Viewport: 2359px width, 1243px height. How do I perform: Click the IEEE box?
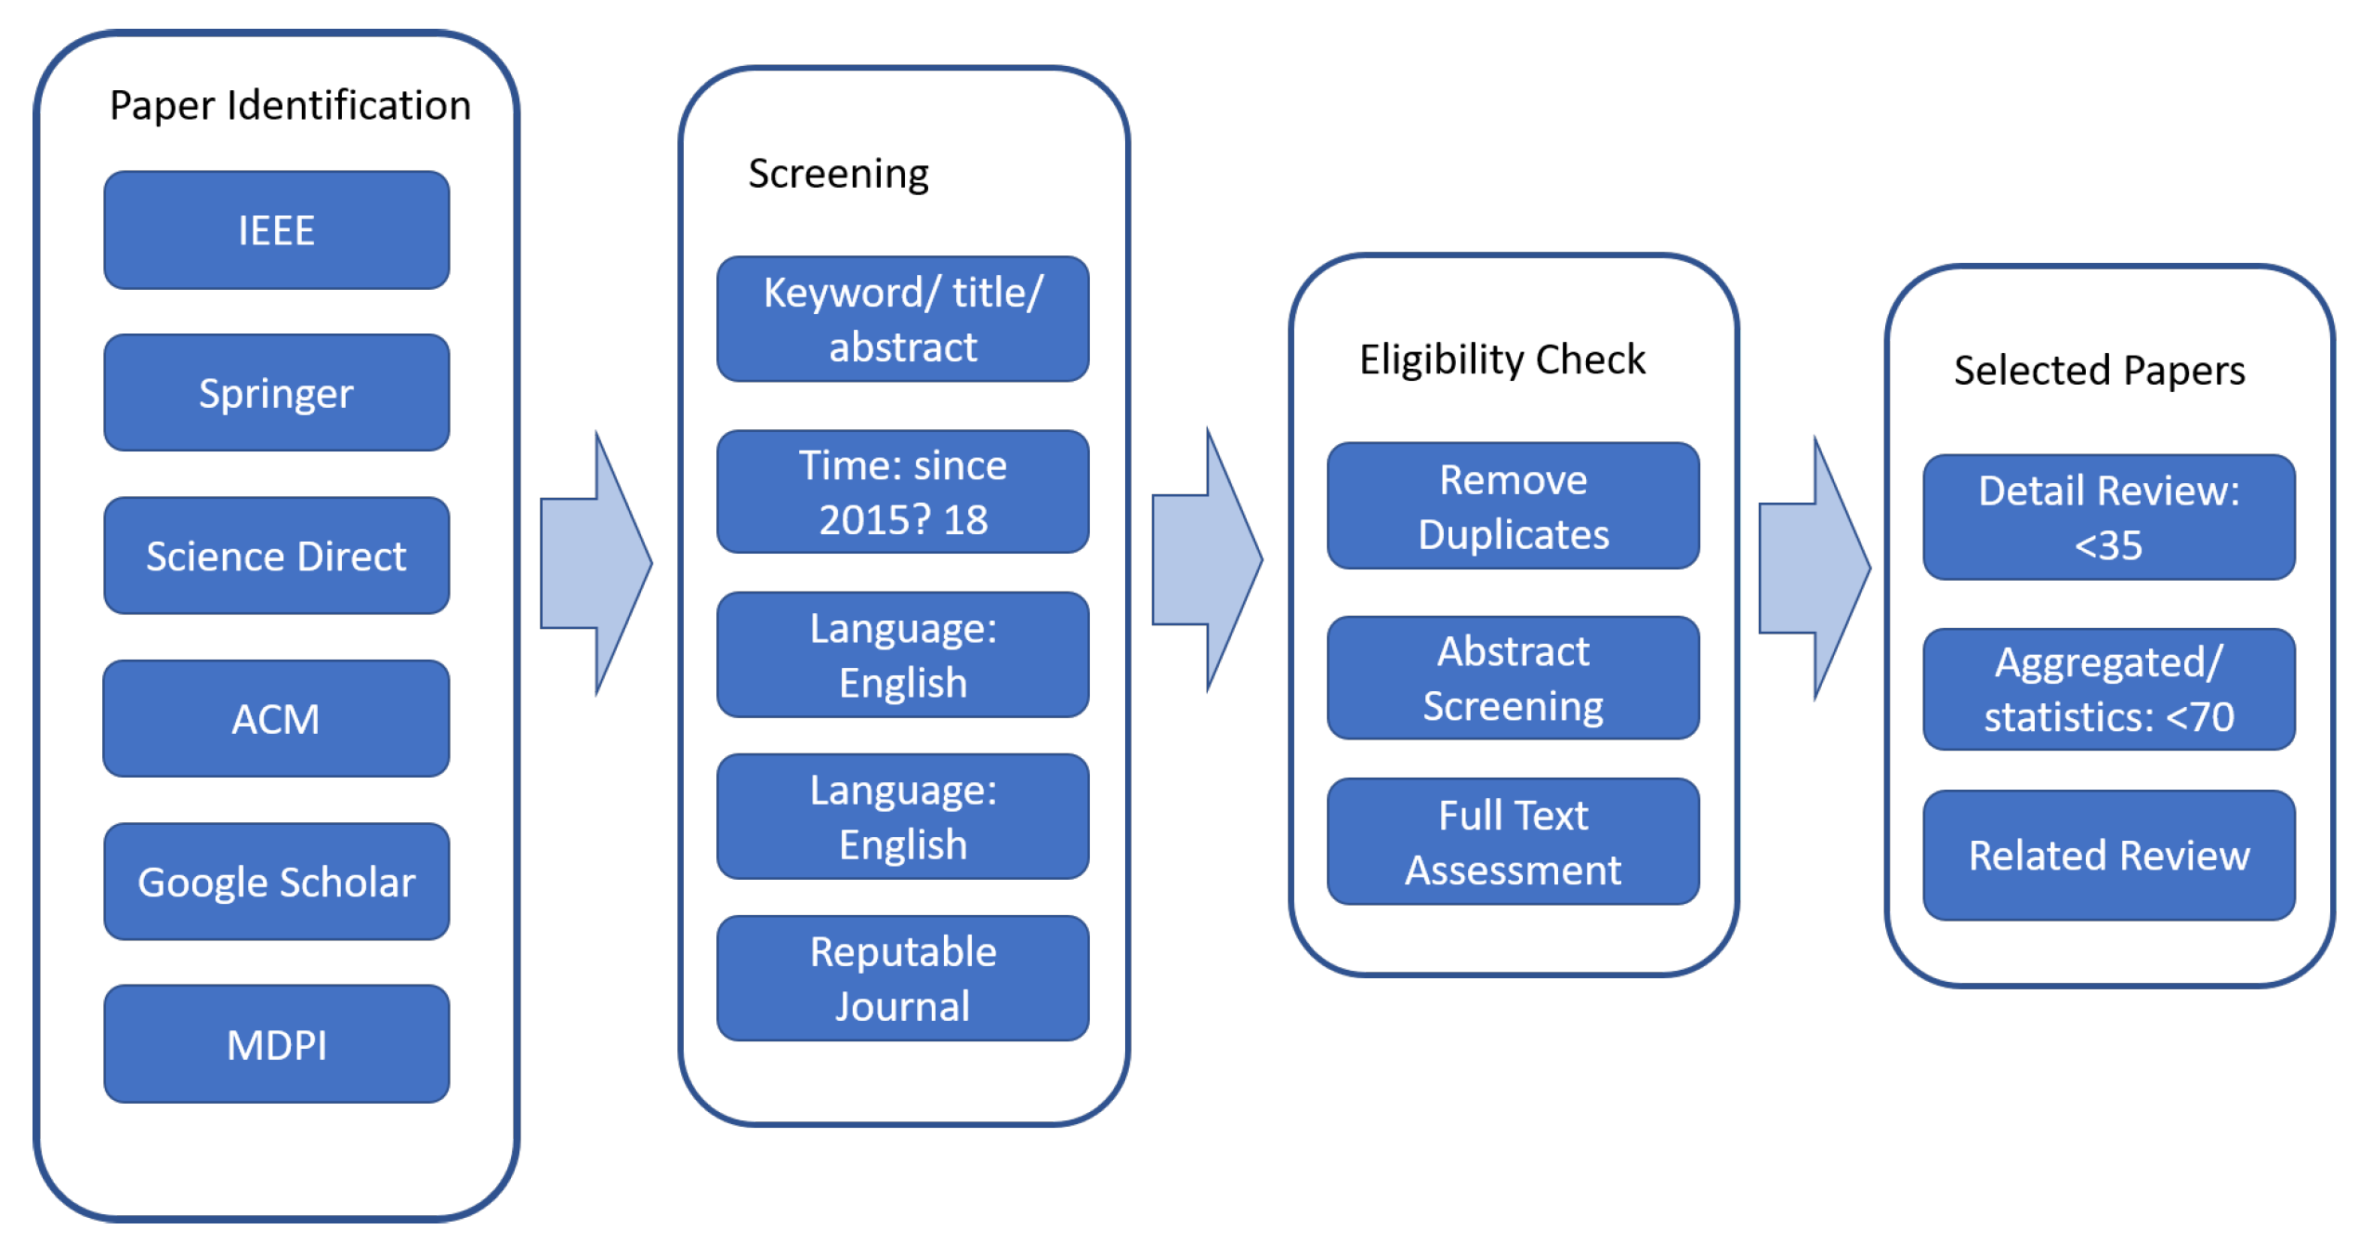[x=276, y=229]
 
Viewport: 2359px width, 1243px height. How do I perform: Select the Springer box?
[x=276, y=393]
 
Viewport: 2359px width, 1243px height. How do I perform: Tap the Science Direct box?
[x=276, y=556]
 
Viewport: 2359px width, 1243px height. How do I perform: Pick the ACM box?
[x=276, y=718]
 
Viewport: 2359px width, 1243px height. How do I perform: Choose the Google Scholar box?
[x=276, y=882]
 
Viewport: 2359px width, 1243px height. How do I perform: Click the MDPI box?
[x=276, y=1044]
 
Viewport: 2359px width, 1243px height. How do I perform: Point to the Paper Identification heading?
[x=290, y=105]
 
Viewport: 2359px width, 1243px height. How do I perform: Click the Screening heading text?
[x=838, y=174]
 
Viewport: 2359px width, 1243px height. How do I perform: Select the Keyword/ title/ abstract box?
[x=902, y=319]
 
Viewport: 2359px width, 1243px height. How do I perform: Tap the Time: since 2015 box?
[x=902, y=491]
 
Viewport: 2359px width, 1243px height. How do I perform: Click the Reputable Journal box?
[x=902, y=978]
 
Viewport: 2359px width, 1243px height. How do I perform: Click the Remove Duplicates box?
[x=1513, y=506]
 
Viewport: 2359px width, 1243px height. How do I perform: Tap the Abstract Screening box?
[x=1513, y=678]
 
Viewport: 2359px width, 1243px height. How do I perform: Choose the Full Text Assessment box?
[x=1513, y=842]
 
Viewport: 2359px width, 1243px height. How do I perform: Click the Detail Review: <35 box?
[x=2108, y=517]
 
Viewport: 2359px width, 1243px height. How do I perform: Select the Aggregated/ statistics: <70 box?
[x=2108, y=689]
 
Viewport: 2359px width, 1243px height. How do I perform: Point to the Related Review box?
[x=2108, y=856]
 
